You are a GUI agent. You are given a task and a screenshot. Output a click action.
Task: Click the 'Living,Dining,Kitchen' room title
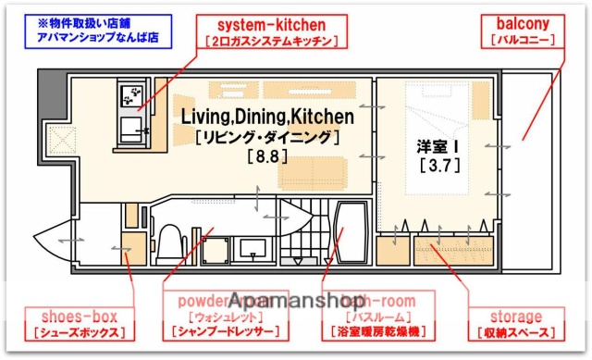[267, 117]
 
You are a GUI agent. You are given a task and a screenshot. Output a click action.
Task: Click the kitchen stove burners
[131, 95]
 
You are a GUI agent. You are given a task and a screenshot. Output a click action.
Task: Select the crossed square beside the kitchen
[62, 141]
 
